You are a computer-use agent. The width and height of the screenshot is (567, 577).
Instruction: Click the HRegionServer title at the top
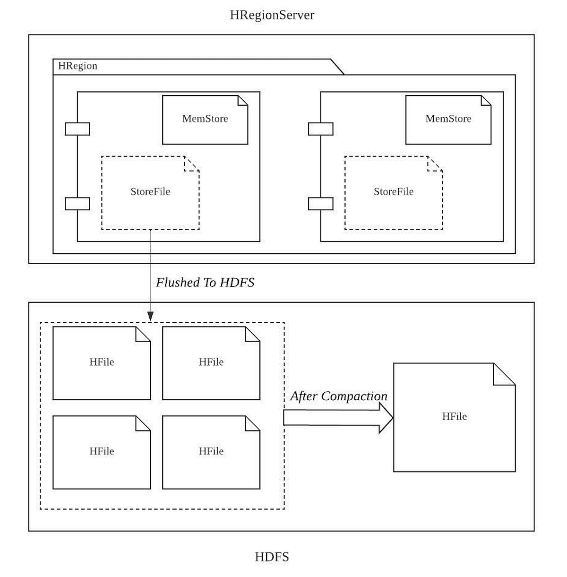tap(272, 15)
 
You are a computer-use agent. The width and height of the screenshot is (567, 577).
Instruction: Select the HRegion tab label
tap(78, 66)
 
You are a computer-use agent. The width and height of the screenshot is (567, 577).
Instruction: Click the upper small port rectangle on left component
tap(77, 129)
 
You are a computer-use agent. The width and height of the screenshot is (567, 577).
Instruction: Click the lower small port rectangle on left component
tap(77, 204)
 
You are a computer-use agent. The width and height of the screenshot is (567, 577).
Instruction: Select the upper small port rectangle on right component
tap(320, 129)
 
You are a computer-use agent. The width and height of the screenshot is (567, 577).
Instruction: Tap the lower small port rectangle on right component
tap(320, 204)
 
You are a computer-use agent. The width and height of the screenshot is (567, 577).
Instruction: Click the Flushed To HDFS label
tap(205, 283)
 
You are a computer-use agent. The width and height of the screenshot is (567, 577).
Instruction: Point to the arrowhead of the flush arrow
tap(150, 316)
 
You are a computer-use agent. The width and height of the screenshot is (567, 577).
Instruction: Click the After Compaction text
tap(338, 396)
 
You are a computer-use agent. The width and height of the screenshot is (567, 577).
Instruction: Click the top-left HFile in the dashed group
tap(102, 363)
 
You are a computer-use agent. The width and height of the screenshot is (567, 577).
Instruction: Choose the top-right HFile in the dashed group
tap(211, 363)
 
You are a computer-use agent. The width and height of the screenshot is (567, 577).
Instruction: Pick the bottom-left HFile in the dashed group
tap(102, 452)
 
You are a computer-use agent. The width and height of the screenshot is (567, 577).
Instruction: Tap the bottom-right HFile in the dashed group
tap(211, 452)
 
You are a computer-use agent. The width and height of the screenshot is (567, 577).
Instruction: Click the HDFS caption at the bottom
tap(272, 557)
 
